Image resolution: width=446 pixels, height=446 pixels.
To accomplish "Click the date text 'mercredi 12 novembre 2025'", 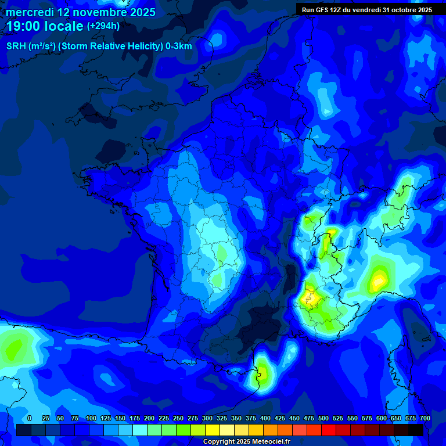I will coord(81,12).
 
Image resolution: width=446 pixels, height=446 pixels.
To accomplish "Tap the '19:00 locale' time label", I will coord(45,26).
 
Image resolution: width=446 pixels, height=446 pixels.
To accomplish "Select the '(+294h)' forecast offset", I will coord(103,26).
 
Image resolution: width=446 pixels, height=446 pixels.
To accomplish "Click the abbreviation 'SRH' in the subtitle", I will coord(16,46).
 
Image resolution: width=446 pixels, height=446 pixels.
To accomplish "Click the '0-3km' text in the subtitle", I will coord(179,46).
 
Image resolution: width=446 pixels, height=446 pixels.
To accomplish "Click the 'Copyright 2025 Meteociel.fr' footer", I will coord(246,442).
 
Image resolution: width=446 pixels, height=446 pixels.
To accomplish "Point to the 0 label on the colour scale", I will coord(30,418).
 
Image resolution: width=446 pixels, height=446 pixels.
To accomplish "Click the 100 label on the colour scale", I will coord(91,418).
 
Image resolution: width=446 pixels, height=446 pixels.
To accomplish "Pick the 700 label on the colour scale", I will coord(425,418).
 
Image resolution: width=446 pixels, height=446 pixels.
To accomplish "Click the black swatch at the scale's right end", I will coord(416,430).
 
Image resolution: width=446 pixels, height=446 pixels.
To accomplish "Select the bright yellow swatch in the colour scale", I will coord(213,430).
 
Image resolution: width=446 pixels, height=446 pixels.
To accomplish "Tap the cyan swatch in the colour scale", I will coord(140,430).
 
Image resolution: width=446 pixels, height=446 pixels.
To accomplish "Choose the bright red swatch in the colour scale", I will coord(329,430).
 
